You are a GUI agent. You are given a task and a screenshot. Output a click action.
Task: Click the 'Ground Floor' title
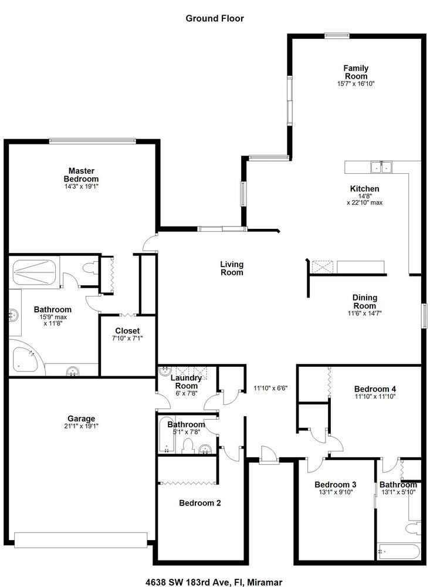click(215, 18)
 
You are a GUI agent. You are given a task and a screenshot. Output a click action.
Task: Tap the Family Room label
click(356, 72)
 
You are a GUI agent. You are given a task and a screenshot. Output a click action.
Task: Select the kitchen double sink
click(381, 167)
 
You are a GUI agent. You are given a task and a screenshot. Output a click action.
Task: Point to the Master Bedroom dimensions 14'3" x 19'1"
click(81, 186)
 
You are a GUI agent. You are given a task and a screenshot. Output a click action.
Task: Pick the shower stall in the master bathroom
click(35, 272)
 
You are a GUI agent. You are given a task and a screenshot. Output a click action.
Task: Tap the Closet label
click(127, 330)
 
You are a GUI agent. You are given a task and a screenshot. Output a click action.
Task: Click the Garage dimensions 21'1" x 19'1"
click(81, 426)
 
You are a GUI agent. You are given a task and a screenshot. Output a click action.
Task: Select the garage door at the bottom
click(81, 540)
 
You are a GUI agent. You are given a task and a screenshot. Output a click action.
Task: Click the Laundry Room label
click(187, 382)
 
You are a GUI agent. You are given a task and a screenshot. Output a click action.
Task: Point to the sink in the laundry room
click(164, 372)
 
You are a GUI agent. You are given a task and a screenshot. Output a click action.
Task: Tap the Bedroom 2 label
click(200, 503)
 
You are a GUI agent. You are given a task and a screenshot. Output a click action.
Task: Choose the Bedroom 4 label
click(375, 389)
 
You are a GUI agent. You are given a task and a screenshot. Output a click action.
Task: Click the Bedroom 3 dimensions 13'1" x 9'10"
click(336, 492)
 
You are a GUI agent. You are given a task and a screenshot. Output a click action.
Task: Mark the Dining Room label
click(364, 301)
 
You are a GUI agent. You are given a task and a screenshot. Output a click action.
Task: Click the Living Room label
click(232, 268)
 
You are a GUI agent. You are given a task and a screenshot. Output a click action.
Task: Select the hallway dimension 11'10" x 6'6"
click(270, 388)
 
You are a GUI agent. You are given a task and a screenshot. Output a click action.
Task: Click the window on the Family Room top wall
click(337, 36)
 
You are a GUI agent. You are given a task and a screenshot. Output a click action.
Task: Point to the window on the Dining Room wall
click(425, 316)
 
